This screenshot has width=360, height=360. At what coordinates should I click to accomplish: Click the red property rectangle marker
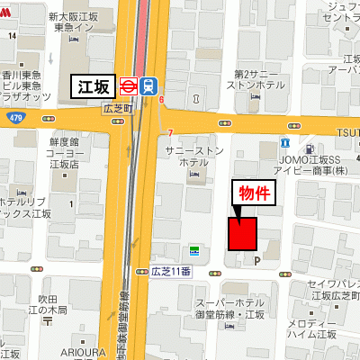pos(243,234)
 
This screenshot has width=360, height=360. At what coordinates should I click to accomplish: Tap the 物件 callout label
pos(253,193)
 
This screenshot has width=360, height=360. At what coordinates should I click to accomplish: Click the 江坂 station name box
pos(93,86)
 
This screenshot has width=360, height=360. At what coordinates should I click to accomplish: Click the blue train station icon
pos(148,86)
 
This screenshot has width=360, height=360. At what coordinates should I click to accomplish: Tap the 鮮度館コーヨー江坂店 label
pos(65,153)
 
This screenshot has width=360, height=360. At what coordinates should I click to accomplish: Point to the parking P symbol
pos(257,261)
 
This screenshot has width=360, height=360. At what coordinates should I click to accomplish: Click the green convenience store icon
pos(193,249)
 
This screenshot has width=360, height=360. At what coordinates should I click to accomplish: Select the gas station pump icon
pos(309,147)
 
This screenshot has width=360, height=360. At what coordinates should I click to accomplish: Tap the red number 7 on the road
pos(168,135)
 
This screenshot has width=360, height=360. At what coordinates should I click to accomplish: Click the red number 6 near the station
pos(161,100)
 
